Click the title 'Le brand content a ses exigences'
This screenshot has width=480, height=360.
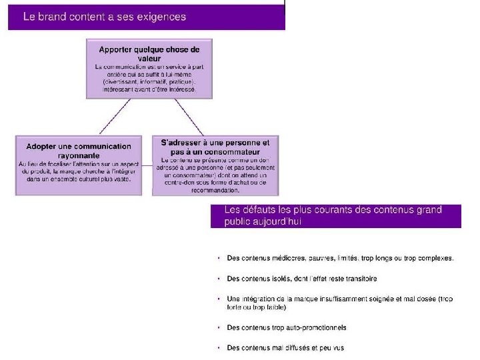click(105, 16)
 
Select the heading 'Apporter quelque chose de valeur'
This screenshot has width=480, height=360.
click(149, 53)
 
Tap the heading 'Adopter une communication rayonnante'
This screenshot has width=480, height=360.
click(79, 150)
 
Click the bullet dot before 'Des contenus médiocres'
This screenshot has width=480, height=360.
click(219, 258)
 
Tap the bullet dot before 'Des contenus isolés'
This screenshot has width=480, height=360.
click(219, 279)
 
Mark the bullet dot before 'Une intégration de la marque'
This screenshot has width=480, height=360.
click(219, 299)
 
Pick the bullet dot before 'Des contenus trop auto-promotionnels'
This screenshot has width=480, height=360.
click(219, 327)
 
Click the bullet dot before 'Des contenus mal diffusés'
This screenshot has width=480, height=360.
click(219, 347)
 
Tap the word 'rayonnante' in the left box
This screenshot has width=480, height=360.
click(79, 155)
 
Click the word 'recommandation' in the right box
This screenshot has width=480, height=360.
click(215, 190)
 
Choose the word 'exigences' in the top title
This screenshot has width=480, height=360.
click(162, 16)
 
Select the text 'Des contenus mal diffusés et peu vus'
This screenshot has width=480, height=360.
click(285, 347)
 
